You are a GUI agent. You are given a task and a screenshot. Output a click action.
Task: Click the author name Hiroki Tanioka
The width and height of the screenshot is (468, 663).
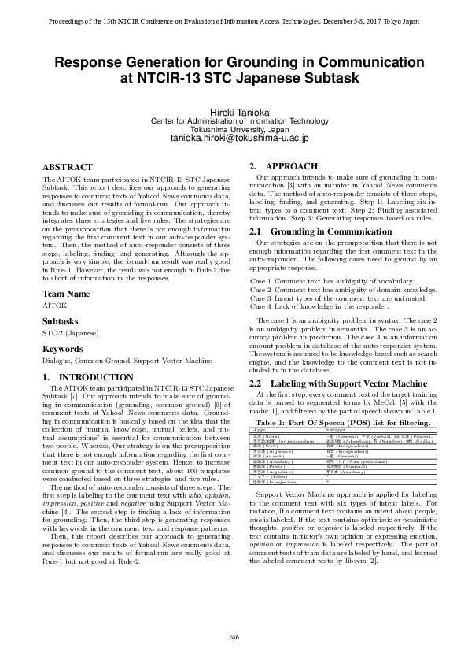[234, 112]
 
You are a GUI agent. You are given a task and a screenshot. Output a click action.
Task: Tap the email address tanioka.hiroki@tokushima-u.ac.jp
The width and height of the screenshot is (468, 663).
[234, 139]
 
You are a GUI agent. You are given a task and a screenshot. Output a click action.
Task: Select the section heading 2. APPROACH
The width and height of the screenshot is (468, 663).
[283, 167]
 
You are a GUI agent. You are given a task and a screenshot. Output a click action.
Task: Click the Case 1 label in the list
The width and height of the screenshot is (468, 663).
[260, 281]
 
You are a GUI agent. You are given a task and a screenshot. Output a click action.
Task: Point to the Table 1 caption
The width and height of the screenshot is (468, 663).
[344, 423]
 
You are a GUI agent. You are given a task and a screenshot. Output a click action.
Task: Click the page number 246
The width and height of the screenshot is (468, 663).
[234, 636]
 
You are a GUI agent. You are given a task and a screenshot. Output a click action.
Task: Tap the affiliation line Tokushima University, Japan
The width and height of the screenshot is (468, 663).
[234, 129]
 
